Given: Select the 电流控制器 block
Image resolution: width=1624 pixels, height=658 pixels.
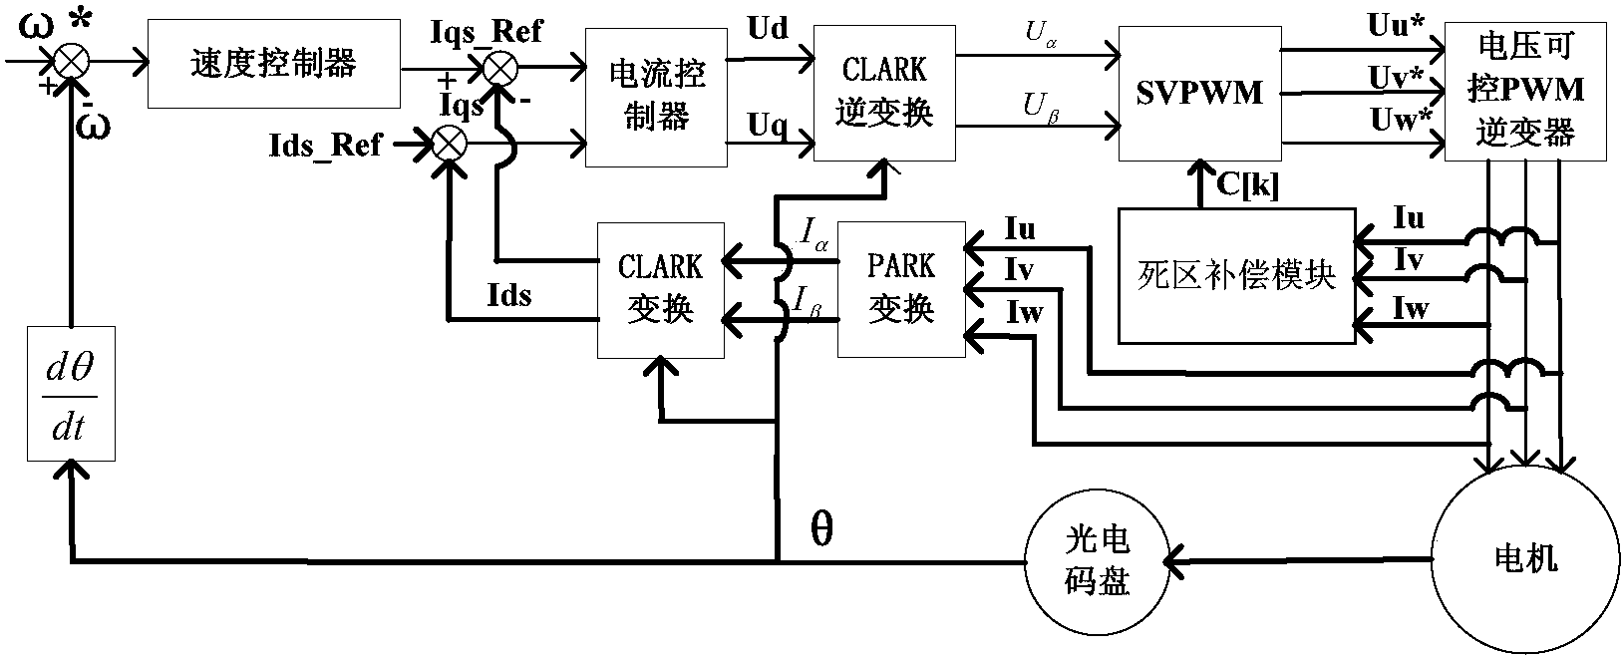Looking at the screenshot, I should [x=655, y=97].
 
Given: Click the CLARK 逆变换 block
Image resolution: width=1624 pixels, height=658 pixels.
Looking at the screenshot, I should [x=884, y=92].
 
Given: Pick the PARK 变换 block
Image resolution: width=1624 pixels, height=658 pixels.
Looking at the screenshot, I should [x=901, y=289].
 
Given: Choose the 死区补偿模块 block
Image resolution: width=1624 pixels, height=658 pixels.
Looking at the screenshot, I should [x=1236, y=275].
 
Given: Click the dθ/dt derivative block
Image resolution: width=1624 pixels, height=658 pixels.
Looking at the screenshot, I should [x=71, y=393].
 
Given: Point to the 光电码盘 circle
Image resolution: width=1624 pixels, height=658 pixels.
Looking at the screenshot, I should [x=1095, y=561].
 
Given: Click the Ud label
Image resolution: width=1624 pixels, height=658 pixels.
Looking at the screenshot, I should [x=767, y=30].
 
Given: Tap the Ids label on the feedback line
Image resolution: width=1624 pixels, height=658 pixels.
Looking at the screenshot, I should [x=508, y=295].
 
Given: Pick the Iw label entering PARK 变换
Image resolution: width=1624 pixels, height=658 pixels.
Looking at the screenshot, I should [x=1024, y=313].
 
